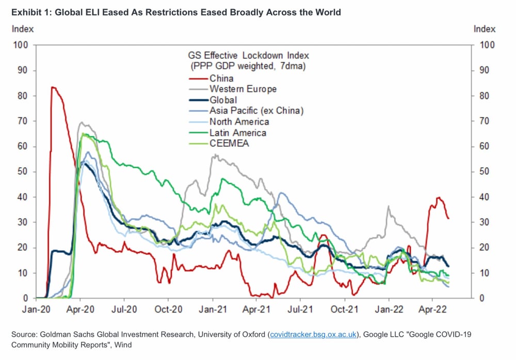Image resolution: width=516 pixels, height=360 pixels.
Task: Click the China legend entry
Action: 221,78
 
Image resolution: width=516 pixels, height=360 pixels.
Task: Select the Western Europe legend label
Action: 243,89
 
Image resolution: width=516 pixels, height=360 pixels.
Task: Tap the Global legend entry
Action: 223,100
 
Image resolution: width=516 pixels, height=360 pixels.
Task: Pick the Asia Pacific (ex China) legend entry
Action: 256,111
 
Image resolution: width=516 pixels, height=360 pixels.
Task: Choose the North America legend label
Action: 239,122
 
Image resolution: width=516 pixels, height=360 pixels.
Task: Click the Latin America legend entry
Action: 238,133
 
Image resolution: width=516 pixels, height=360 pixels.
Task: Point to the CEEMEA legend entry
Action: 230,143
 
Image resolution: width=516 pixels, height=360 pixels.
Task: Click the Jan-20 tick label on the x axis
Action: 36,309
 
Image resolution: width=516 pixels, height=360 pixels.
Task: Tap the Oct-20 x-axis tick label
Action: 168,309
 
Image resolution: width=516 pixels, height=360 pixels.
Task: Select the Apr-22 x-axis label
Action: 432,309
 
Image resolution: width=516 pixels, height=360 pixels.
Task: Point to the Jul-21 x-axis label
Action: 300,309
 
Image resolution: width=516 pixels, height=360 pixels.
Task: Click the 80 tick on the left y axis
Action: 23,96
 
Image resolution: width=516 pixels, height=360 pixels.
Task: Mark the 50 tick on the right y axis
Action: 484,172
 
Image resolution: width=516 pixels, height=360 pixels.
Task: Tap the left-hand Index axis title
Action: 23,29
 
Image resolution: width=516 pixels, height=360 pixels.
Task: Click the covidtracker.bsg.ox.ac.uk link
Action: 313,335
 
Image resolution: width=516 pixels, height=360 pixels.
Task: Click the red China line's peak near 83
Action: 53,87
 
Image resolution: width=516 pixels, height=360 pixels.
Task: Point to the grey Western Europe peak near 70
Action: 82,123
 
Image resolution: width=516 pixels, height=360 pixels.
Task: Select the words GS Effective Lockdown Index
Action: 249,55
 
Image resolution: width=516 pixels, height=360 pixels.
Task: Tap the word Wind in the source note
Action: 123,345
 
